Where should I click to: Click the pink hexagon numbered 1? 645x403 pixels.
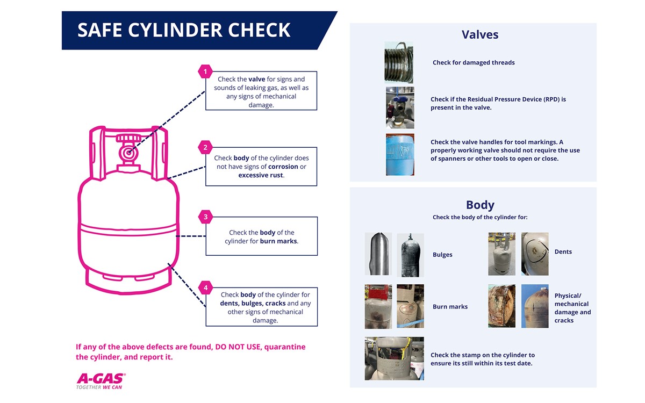(205, 71)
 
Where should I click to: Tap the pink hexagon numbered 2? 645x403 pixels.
(205, 147)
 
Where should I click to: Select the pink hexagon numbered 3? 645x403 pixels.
(205, 217)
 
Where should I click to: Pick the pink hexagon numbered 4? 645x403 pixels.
(205, 287)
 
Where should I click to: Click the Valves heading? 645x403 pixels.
(480, 35)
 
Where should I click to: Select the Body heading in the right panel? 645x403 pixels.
(480, 205)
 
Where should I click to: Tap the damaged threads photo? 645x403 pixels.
(399, 62)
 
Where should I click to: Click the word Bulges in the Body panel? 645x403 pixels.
(442, 255)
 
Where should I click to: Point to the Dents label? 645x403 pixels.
(563, 251)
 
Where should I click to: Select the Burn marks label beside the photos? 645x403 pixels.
(450, 307)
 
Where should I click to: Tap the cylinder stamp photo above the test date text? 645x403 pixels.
(394, 358)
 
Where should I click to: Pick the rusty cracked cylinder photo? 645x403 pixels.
(501, 306)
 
